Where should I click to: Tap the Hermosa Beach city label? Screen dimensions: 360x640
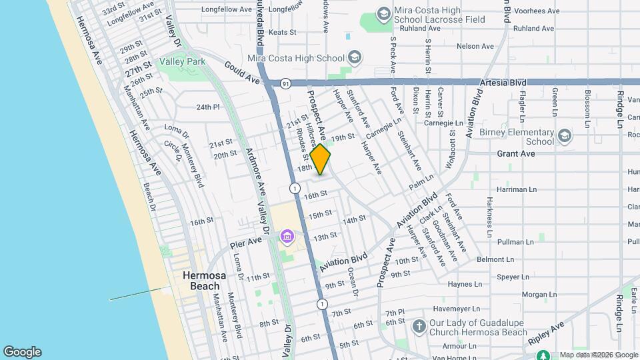tap(195, 281)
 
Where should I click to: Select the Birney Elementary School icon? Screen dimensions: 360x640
tap(565, 136)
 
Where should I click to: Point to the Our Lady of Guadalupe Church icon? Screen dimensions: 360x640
tap(419, 327)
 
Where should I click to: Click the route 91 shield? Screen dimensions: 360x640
tap(285, 83)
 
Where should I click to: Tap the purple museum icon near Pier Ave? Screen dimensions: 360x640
tap(288, 237)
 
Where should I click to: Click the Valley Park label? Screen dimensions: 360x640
tap(182, 61)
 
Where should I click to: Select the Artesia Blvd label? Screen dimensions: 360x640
tap(503, 83)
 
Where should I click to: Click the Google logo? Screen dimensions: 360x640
tap(22, 352)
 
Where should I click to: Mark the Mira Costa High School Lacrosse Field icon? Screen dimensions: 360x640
tap(383, 14)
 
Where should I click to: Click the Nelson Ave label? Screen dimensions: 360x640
tap(475, 46)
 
